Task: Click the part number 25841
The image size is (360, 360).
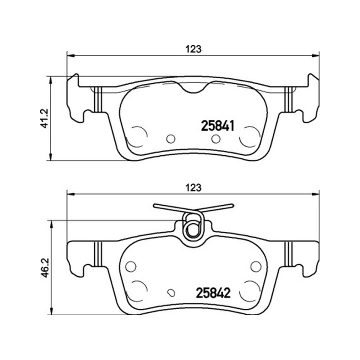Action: point(218,126)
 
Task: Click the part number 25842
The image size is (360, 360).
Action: point(213,293)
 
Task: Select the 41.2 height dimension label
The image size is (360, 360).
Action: point(45,118)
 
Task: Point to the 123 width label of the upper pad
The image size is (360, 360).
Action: point(193,49)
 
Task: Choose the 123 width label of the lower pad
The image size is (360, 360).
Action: point(193,188)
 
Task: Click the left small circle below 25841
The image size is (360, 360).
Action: point(171,139)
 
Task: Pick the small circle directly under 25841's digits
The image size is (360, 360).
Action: point(216,139)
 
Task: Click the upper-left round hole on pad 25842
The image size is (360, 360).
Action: point(131,266)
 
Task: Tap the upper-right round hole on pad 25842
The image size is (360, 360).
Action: point(256,266)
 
